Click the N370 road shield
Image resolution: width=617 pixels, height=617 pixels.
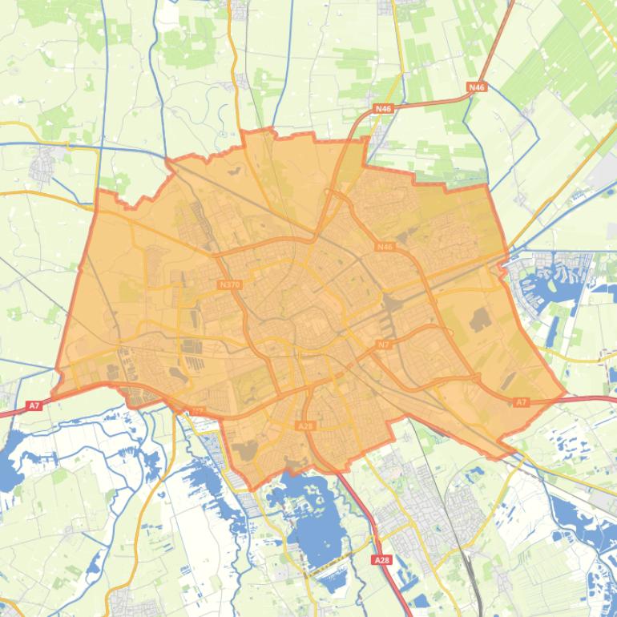coord(229,284)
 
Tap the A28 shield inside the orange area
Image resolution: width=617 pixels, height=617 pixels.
coord(305,426)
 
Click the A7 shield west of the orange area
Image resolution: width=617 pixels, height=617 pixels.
coord(34,406)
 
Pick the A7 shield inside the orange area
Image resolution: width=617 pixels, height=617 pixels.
coord(522,402)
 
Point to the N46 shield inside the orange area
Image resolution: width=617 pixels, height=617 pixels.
coord(385,247)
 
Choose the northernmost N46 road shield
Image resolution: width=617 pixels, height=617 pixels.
coord(477,87)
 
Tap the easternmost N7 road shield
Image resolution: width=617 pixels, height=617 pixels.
coord(383,345)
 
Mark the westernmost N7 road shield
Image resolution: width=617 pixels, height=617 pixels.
coord(197,412)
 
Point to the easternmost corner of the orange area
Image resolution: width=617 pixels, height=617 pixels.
coord(566,394)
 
